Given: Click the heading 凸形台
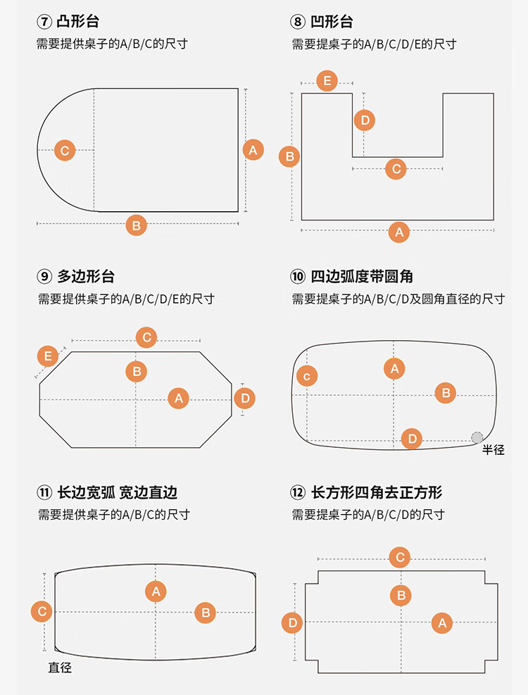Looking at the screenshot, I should [78, 23].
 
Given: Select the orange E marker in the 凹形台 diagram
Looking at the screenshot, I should [327, 80].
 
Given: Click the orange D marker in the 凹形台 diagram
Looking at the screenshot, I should [364, 120].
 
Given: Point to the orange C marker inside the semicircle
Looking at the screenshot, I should [65, 150].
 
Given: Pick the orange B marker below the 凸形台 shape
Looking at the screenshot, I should [136, 225].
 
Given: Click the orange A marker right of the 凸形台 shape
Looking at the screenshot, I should [253, 149].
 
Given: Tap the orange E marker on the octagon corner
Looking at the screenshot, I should [48, 356].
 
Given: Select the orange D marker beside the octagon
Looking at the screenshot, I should [244, 399].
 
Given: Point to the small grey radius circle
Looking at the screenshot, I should [477, 437].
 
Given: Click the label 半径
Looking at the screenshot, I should [494, 449].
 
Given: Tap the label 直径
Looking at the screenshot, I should [60, 667].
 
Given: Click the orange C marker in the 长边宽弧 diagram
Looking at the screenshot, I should [42, 611].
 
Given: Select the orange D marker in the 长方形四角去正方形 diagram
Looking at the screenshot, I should [293, 622].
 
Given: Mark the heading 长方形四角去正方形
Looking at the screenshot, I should [377, 492].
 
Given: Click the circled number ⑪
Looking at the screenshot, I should [45, 492].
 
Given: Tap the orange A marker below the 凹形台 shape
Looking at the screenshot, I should [399, 232].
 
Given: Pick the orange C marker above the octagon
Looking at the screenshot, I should [146, 337].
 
